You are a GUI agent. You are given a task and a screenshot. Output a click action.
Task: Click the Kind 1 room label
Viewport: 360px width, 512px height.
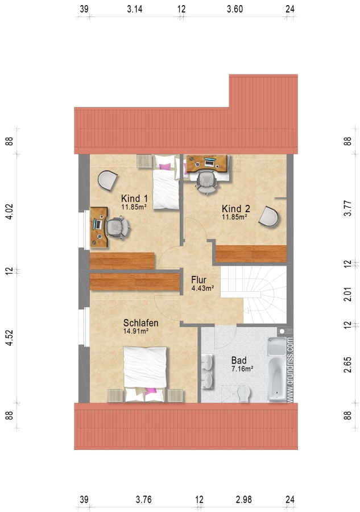click(x=134, y=198)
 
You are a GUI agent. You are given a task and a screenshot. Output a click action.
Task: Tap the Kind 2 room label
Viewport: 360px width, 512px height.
click(x=235, y=209)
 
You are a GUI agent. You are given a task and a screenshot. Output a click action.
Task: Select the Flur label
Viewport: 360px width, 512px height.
click(x=198, y=280)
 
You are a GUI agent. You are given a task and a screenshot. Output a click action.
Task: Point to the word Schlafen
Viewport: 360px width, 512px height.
click(x=140, y=323)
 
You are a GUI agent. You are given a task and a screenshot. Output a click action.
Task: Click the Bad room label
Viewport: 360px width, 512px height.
click(x=239, y=361)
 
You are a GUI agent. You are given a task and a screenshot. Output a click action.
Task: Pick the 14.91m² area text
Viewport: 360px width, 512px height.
click(x=136, y=331)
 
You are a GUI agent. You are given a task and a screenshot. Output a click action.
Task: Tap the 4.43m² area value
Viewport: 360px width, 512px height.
click(x=202, y=288)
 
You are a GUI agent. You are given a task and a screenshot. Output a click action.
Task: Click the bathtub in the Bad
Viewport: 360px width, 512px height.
click(x=277, y=369)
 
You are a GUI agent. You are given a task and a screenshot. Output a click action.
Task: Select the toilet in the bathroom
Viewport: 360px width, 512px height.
click(x=243, y=394)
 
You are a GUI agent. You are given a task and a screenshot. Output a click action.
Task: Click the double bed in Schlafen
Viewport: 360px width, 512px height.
click(x=145, y=374)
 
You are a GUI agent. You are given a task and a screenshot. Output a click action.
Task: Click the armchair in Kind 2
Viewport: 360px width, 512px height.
click(x=268, y=216)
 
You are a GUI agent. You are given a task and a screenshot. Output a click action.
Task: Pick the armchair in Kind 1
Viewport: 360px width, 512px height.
click(x=107, y=180)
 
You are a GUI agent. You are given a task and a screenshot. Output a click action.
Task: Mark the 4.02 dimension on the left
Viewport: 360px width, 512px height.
click(x=10, y=212)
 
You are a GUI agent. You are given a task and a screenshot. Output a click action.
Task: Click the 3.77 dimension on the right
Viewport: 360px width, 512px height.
click(x=348, y=208)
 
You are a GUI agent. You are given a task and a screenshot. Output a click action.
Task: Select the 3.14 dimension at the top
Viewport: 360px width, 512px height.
click(x=134, y=9)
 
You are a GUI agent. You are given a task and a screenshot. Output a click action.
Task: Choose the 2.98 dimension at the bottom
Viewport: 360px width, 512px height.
click(x=244, y=499)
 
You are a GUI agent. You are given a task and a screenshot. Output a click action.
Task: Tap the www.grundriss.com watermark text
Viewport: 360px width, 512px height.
click(x=290, y=370)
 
